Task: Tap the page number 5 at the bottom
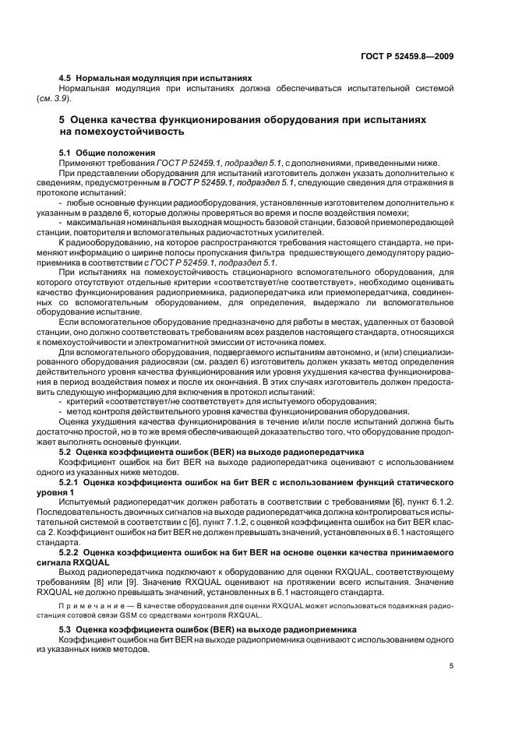(451, 667)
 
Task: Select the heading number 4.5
(66, 79)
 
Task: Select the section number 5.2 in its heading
(65, 452)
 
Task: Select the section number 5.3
(65, 629)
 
